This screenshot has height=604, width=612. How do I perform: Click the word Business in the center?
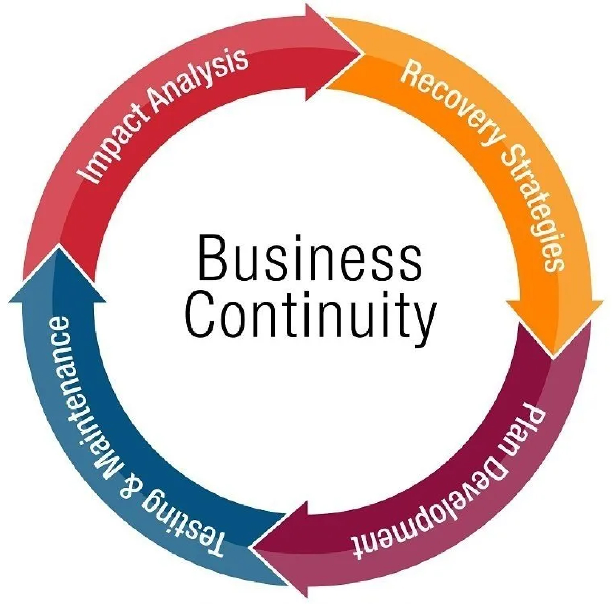[309, 258]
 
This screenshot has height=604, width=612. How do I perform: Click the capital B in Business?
[211, 258]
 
